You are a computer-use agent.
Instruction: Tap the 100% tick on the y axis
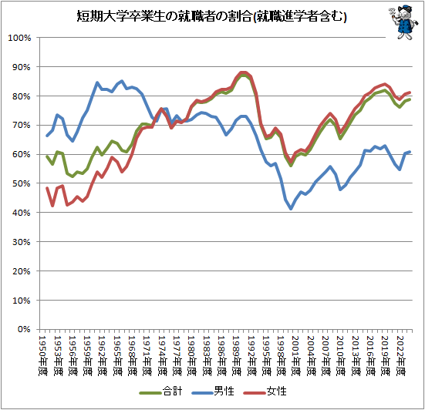(19, 38)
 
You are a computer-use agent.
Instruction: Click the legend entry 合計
(168, 392)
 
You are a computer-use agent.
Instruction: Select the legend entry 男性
(224, 392)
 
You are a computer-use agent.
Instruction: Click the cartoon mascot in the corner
(400, 23)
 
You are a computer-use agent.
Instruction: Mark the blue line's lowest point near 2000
(291, 209)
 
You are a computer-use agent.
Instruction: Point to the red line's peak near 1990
(243, 72)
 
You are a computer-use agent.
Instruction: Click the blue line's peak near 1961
(97, 82)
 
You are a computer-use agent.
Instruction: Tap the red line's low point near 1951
(52, 206)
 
